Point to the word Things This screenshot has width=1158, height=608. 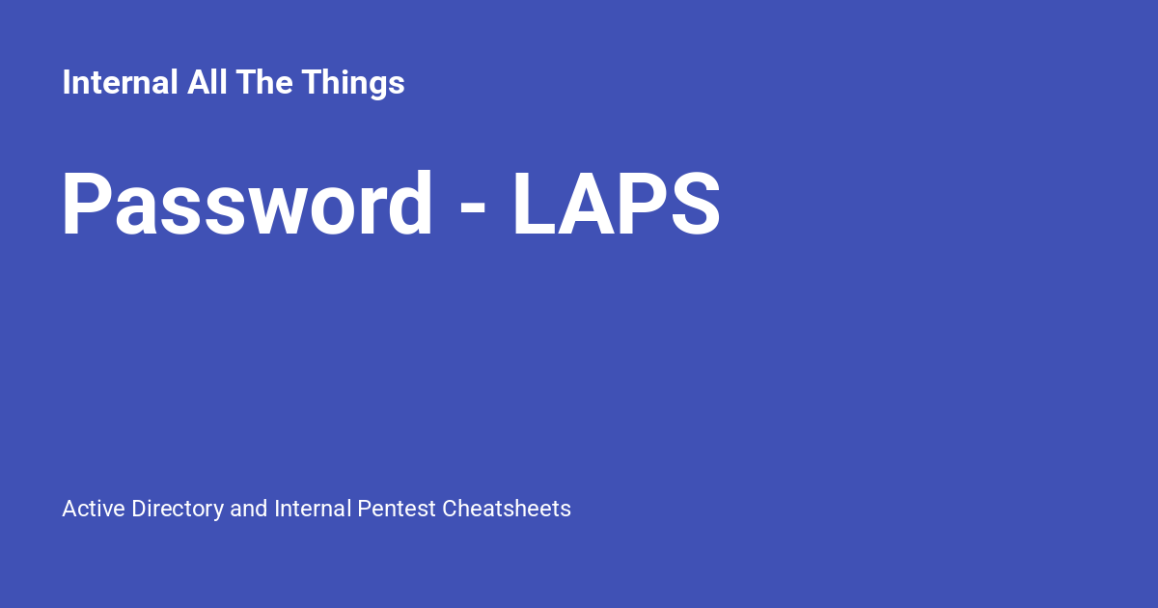(x=353, y=83)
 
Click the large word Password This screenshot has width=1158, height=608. (x=247, y=205)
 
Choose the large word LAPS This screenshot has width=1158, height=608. (x=616, y=205)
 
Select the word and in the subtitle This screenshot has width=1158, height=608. (x=249, y=509)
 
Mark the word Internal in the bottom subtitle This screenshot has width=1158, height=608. (x=313, y=509)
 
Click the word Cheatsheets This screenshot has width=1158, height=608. (x=507, y=509)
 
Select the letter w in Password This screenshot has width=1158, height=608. (x=287, y=212)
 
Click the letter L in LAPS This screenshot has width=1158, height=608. (x=534, y=205)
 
